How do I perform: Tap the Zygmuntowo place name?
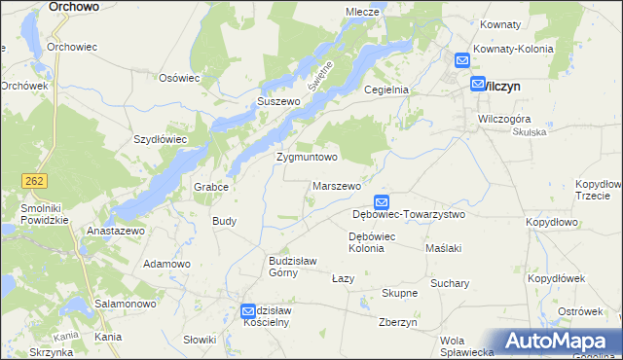[x=307, y=157]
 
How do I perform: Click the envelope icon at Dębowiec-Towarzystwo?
[x=382, y=202]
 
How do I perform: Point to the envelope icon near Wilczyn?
[x=477, y=85]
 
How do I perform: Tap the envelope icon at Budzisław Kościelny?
[x=249, y=310]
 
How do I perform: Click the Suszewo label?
[x=275, y=101]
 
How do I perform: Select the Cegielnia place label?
[x=385, y=90]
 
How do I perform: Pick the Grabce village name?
[x=210, y=188]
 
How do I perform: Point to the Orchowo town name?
[x=73, y=6]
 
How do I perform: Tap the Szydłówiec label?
[x=160, y=139]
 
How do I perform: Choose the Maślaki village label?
[x=443, y=248]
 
